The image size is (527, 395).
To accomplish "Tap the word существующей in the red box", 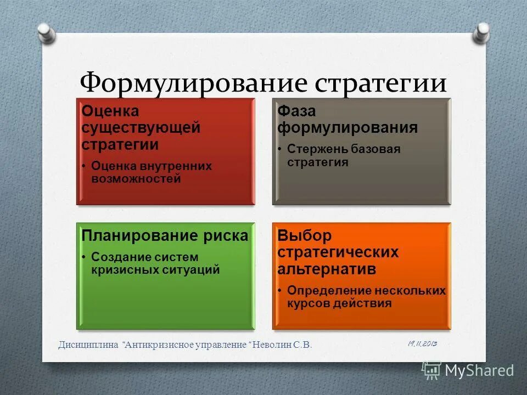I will pos(141,128).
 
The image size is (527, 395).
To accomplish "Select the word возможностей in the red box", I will pos(136,179).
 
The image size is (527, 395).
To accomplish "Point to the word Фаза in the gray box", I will pos(296,111).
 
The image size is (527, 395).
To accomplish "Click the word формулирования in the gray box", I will pos(347,128).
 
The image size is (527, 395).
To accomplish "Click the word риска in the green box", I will pos(227,236).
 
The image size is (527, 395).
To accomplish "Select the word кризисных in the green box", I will pos(125,269).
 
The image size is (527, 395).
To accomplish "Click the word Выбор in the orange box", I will pos(305,236).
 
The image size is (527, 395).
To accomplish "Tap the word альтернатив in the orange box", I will pos(327,269).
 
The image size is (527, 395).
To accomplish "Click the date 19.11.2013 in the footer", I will pos(422,343).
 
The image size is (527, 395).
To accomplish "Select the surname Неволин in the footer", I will pos(273,344).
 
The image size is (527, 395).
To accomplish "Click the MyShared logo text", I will pos(479,370).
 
